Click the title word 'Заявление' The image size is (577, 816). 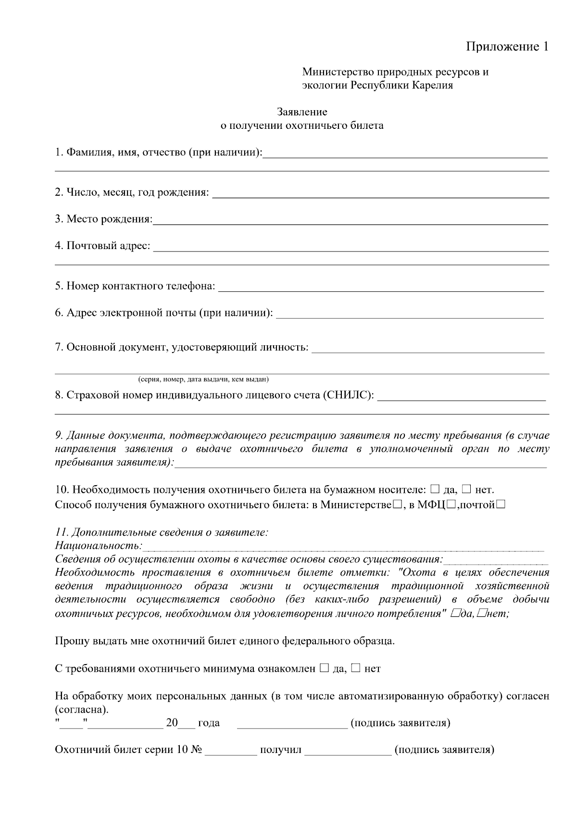pyautogui.click(x=302, y=112)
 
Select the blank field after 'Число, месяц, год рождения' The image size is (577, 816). pyautogui.click(x=380, y=194)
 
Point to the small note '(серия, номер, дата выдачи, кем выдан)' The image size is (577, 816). pyautogui.click(x=203, y=380)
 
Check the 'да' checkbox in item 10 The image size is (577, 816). pyautogui.click(x=435, y=490)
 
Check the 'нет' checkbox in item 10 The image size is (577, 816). pyautogui.click(x=466, y=490)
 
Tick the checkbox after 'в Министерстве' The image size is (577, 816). pyautogui.click(x=397, y=505)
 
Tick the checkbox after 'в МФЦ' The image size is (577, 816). pyautogui.click(x=451, y=505)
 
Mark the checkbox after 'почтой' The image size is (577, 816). pyautogui.click(x=501, y=505)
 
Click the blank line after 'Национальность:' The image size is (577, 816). pyautogui.click(x=343, y=548)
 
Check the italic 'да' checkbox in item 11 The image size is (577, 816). pyautogui.click(x=455, y=614)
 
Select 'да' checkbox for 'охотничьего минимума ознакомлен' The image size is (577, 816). pyautogui.click(x=324, y=668)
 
